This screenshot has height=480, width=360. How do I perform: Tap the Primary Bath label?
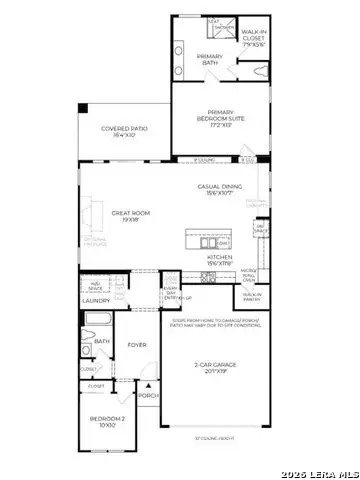click(x=209, y=59)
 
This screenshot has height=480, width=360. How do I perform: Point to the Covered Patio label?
click(x=125, y=131)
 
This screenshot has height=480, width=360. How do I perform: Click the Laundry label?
click(x=96, y=300)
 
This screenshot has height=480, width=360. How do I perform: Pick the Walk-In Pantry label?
click(x=251, y=296)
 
